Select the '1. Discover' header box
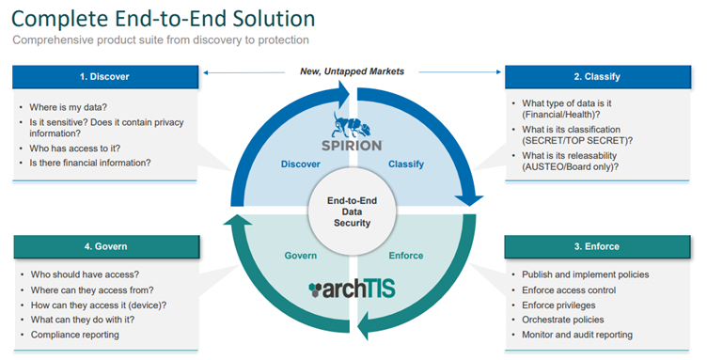pyautogui.click(x=105, y=77)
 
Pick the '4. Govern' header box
pyautogui.click(x=105, y=246)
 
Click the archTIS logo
pyautogui.click(x=353, y=289)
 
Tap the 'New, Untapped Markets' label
pyautogui.click(x=353, y=71)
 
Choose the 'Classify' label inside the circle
pyautogui.click(x=406, y=164)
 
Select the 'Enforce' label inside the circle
pyautogui.click(x=405, y=255)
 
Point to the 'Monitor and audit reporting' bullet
pyautogui.click(x=577, y=335)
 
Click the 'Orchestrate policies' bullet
pyautogui.click(x=563, y=320)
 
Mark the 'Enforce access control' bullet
pyautogui.click(x=569, y=290)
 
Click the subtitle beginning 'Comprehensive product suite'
pyautogui.click(x=161, y=39)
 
